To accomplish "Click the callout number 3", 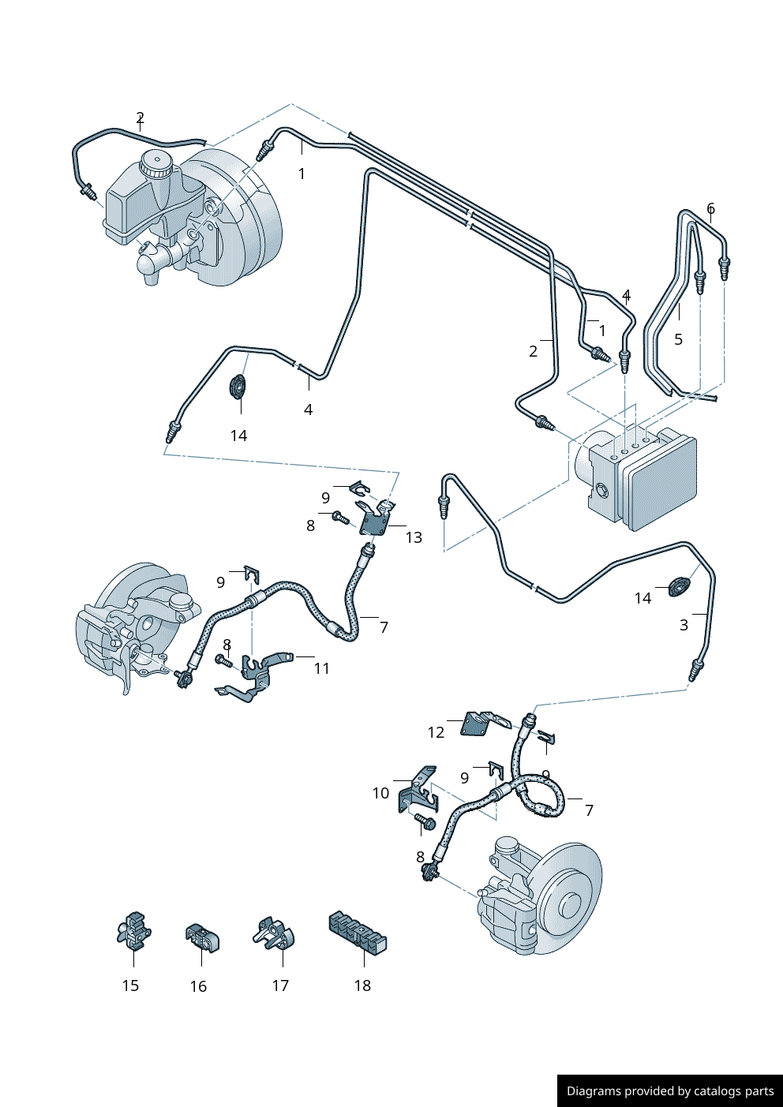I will [684, 625].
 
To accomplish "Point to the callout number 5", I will [678, 339].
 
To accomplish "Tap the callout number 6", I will [710, 209].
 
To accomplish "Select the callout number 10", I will [380, 793].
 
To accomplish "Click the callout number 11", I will [321, 668].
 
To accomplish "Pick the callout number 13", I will [414, 537].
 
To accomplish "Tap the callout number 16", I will [198, 986].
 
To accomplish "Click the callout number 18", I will [362, 985].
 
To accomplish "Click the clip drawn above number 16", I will [202, 937].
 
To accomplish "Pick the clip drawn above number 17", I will [275, 933].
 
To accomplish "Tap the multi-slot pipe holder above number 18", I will [358, 933].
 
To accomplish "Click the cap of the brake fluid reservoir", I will [155, 164].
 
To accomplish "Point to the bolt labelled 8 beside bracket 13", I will [340, 518].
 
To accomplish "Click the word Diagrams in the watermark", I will [594, 1091].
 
